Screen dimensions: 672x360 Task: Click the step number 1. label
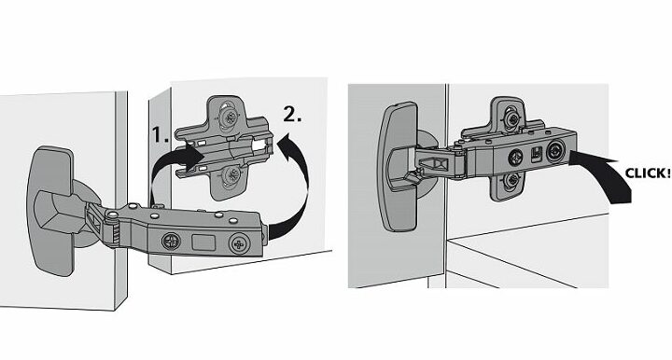click(161, 134)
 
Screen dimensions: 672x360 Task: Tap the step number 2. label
click(292, 114)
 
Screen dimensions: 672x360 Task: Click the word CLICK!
click(647, 173)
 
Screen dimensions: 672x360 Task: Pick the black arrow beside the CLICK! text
click(604, 172)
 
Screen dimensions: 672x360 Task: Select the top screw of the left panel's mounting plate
click(229, 116)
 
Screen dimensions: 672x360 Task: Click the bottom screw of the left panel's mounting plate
click(231, 175)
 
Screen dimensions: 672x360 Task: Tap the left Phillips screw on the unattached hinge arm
click(171, 242)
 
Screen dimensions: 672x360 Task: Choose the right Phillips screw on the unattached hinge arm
click(239, 244)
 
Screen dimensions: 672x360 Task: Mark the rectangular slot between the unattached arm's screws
click(203, 242)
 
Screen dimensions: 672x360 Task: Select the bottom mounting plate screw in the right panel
click(511, 180)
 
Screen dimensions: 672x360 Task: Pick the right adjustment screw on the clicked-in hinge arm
click(555, 152)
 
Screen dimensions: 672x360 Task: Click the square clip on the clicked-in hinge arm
click(536, 155)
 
